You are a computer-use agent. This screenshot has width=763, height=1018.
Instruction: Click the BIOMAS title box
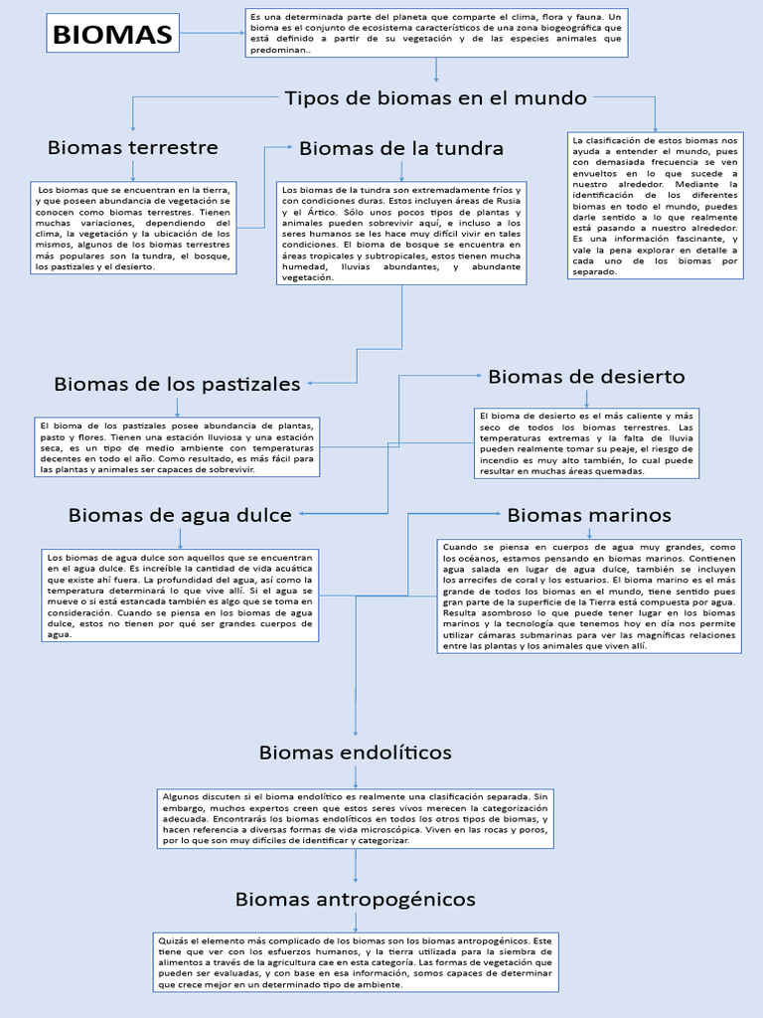tap(112, 35)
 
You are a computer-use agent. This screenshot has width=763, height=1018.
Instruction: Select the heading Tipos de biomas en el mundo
tap(435, 97)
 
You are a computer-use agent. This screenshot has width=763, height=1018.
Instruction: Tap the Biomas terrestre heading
tap(132, 147)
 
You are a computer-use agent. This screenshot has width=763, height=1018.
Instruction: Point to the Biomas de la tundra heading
tap(401, 148)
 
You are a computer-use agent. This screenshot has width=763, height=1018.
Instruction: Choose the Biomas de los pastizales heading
tap(177, 383)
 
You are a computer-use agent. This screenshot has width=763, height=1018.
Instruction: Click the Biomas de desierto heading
tap(586, 377)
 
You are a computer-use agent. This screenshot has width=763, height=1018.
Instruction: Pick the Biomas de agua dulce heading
tap(180, 515)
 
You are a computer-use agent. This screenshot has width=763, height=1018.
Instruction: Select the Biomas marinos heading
tap(589, 515)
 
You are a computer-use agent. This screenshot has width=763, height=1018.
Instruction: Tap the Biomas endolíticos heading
tap(355, 752)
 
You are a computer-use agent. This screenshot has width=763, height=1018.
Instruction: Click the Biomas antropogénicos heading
tap(355, 899)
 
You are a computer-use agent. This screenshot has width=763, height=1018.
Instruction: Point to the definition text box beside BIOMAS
tap(436, 34)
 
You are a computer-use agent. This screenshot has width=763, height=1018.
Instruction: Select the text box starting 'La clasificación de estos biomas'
tap(655, 205)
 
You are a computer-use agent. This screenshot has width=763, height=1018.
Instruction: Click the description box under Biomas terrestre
tap(132, 228)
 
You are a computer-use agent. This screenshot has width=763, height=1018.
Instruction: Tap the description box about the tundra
tap(401, 233)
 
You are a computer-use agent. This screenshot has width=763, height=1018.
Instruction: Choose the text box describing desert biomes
tap(586, 442)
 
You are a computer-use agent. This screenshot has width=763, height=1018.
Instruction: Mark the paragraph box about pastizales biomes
tap(177, 446)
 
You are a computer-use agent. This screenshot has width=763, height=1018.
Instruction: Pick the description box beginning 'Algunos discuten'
tap(355, 818)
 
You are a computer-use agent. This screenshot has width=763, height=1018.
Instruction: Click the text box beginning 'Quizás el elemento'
tap(355, 962)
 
